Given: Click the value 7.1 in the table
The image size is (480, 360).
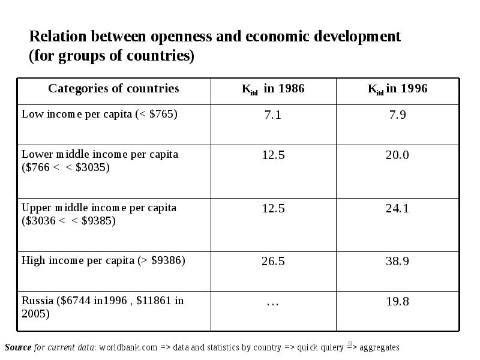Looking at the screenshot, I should (273, 115).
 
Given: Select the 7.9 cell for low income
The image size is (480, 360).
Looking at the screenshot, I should (397, 115).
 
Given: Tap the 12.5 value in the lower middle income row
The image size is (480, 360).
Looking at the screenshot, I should (273, 155).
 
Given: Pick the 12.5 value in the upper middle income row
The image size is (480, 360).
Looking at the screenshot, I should (273, 208).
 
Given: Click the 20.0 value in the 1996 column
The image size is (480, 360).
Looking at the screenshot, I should (397, 155).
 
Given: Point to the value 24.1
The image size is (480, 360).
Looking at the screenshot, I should (397, 208).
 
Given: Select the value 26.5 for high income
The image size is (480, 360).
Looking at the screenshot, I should (273, 261).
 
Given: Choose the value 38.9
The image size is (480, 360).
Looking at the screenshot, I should (397, 261).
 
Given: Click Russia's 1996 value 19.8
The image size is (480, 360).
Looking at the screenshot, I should (397, 301).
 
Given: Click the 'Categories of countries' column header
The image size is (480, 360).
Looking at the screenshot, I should (113, 89).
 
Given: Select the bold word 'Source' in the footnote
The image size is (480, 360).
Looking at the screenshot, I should (18, 347).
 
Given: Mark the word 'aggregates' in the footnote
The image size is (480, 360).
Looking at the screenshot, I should (379, 347).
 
